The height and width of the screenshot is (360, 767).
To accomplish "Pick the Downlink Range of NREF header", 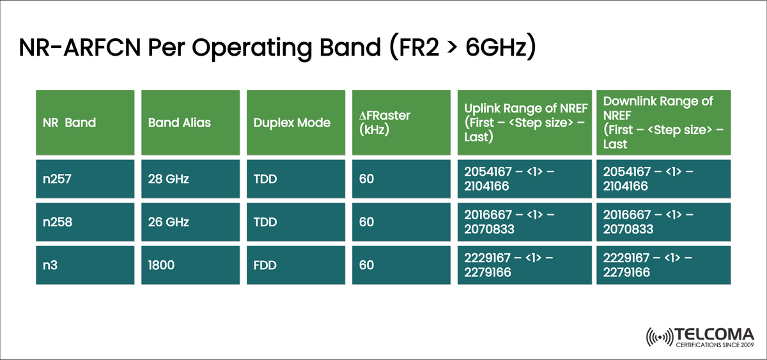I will coord(662,122).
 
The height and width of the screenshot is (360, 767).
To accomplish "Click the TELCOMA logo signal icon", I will coord(661,336).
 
